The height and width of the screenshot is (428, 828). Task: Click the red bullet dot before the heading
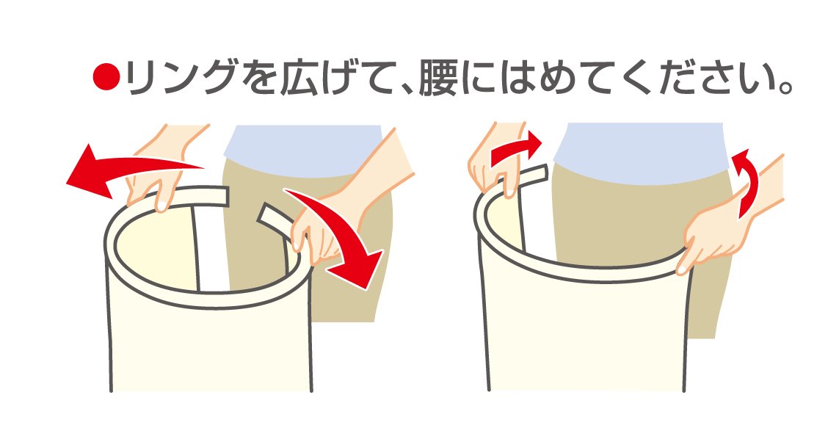106,77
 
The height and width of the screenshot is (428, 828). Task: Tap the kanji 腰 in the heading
438,78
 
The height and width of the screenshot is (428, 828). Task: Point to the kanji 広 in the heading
302,78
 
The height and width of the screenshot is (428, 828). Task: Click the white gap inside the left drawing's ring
213,248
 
